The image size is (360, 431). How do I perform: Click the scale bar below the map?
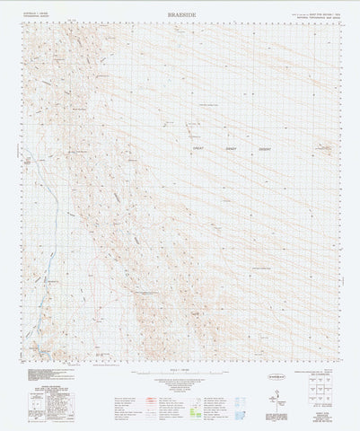pos(180,373)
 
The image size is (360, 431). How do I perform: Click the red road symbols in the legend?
pos(126,400)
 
